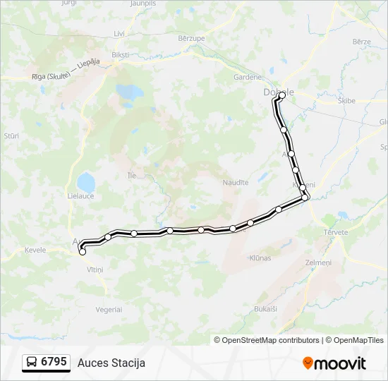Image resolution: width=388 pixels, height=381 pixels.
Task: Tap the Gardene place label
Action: (x=248, y=78)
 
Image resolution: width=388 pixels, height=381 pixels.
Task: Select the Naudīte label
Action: (x=236, y=182)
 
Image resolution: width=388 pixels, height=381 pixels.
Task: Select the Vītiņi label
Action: (x=95, y=270)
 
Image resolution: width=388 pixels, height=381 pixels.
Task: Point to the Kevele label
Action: (x=35, y=250)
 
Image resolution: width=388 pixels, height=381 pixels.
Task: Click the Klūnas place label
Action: (x=260, y=258)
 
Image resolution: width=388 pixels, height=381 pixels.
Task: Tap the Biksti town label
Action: (x=121, y=54)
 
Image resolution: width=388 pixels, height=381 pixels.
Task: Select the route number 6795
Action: (x=54, y=362)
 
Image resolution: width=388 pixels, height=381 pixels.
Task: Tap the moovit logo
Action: (x=334, y=363)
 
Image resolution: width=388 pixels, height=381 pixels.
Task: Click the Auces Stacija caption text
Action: (x=111, y=363)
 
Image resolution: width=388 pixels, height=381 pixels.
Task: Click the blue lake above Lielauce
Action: (x=85, y=181)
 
